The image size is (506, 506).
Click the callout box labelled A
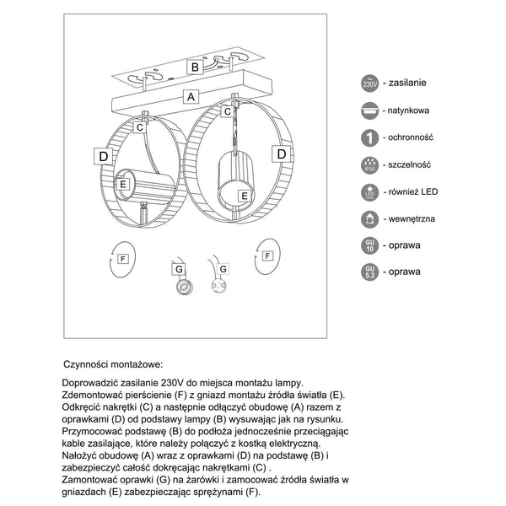[191, 97]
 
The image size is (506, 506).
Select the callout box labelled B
[194, 67]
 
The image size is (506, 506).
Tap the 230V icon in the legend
[369, 83]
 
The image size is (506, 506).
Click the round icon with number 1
[369, 137]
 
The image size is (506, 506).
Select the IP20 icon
[369, 164]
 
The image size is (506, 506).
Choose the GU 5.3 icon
[369, 272]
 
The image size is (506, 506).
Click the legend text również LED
[412, 191]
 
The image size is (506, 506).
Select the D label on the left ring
[103, 157]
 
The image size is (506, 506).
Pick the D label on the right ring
[279, 154]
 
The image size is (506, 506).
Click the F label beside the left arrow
[122, 258]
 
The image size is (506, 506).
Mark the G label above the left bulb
[179, 269]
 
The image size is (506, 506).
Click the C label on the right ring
[227, 111]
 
